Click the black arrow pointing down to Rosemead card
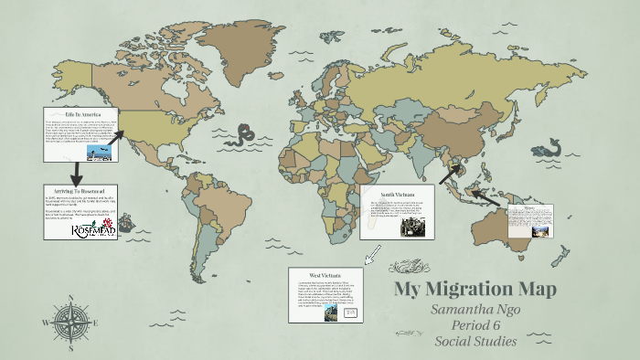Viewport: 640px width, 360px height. [x=51, y=173]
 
